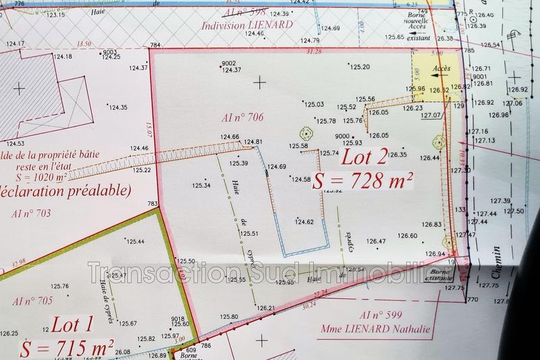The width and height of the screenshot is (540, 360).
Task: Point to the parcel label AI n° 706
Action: (x=242, y=118)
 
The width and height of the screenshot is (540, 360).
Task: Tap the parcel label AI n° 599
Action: (x=382, y=315)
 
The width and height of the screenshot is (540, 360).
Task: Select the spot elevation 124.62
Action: (x=304, y=222)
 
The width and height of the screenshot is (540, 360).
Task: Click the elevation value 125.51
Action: (x=250, y=234)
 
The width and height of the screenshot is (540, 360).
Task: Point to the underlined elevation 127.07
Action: (x=431, y=115)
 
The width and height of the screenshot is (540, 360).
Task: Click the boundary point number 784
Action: (x=156, y=45)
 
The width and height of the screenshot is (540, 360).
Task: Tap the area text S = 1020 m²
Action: (x=45, y=177)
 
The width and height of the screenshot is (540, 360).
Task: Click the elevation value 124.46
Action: (x=139, y=148)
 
